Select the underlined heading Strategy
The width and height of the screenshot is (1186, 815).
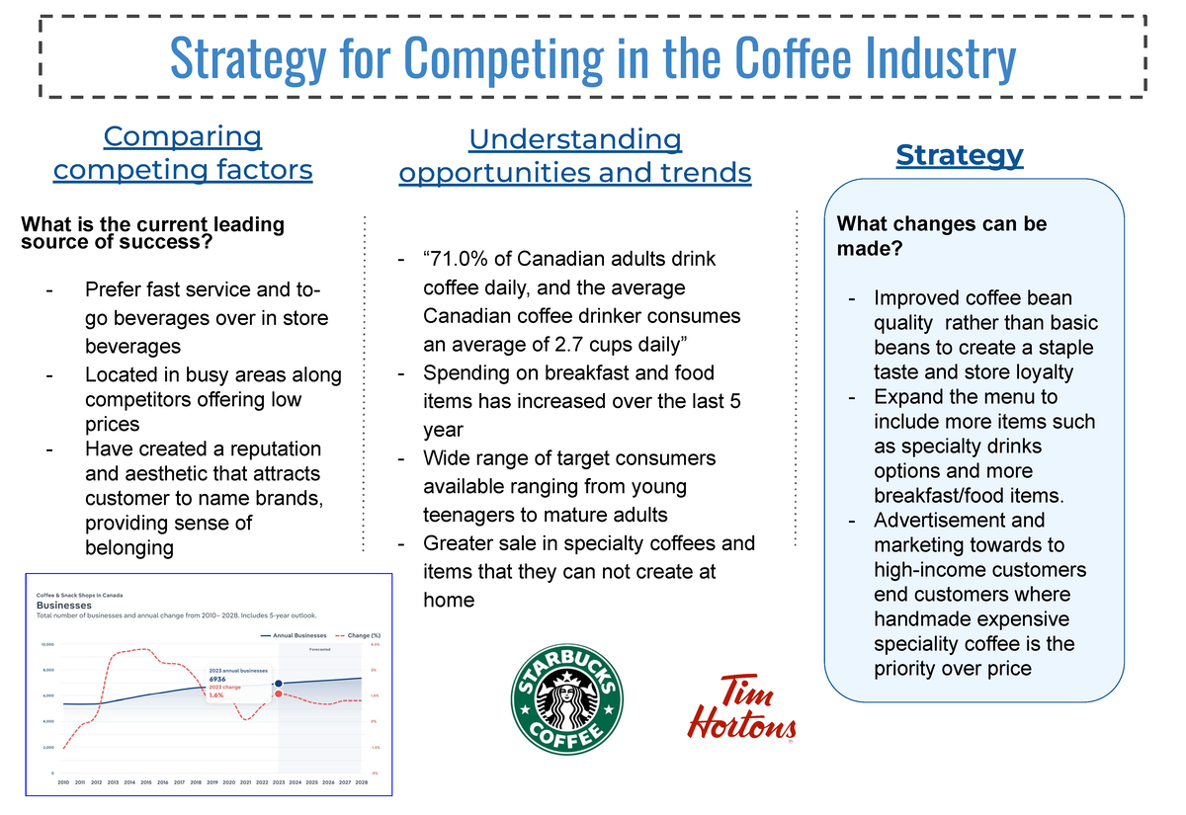click(959, 155)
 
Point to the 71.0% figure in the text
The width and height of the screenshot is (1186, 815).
click(459, 259)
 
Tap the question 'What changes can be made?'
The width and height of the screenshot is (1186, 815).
click(941, 236)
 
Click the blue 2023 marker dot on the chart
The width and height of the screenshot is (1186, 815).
click(279, 684)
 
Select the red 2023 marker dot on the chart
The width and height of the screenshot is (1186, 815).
click(279, 694)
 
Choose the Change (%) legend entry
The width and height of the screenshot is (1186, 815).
click(359, 635)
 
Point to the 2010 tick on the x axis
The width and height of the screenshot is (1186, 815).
click(63, 781)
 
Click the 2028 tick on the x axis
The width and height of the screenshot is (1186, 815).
click(362, 781)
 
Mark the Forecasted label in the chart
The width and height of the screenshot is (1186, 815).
click(319, 650)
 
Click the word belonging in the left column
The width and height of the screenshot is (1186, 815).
click(128, 547)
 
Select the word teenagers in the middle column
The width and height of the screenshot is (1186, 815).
click(468, 515)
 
